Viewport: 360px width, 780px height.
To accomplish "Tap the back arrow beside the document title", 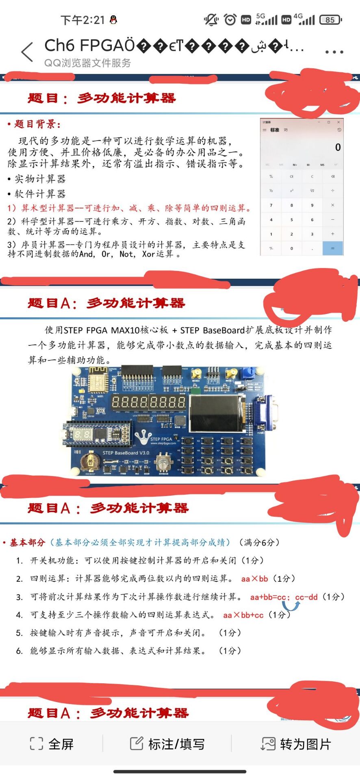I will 27,52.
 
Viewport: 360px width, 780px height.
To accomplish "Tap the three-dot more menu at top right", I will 334,52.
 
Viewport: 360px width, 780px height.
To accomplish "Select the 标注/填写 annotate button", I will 167,744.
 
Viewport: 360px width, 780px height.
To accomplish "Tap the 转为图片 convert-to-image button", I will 296,744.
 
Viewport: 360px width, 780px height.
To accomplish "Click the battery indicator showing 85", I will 330,19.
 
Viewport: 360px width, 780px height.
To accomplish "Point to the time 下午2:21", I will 83,20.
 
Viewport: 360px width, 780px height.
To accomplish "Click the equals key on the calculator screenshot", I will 332,248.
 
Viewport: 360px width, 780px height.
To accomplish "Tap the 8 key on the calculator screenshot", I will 291,206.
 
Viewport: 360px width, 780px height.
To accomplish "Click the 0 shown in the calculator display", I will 338,147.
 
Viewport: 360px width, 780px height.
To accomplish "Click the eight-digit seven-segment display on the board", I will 148,403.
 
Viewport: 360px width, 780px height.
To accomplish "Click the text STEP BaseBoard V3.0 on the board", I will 126,453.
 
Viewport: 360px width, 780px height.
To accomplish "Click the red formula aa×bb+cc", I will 243,615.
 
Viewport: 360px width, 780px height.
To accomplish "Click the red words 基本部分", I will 27,542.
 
